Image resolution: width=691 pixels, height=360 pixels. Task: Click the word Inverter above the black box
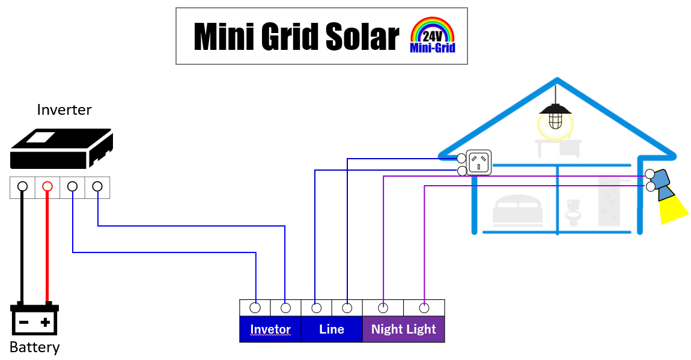64,109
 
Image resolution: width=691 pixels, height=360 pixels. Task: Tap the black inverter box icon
61,148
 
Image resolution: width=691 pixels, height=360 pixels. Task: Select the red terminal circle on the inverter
47,186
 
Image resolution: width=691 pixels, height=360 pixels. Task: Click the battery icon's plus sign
45,323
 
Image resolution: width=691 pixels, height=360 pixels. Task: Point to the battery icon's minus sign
24,323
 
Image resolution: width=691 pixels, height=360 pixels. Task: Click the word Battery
34,347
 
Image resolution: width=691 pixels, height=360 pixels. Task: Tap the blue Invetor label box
270,329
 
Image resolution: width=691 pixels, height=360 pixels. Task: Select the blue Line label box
332,329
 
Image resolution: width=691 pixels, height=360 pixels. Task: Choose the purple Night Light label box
403,329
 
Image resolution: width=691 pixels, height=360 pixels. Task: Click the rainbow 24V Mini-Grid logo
432,35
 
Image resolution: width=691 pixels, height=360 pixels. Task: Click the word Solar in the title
362,36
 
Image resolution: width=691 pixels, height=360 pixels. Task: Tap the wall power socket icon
478,163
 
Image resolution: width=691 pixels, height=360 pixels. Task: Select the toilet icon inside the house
573,212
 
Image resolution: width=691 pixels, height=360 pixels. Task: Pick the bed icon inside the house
517,210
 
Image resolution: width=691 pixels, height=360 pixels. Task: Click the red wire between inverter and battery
47,247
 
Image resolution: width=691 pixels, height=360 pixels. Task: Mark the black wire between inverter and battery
22,247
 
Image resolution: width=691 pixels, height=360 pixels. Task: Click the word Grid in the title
290,36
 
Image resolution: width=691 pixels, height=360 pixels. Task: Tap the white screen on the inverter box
41,138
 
